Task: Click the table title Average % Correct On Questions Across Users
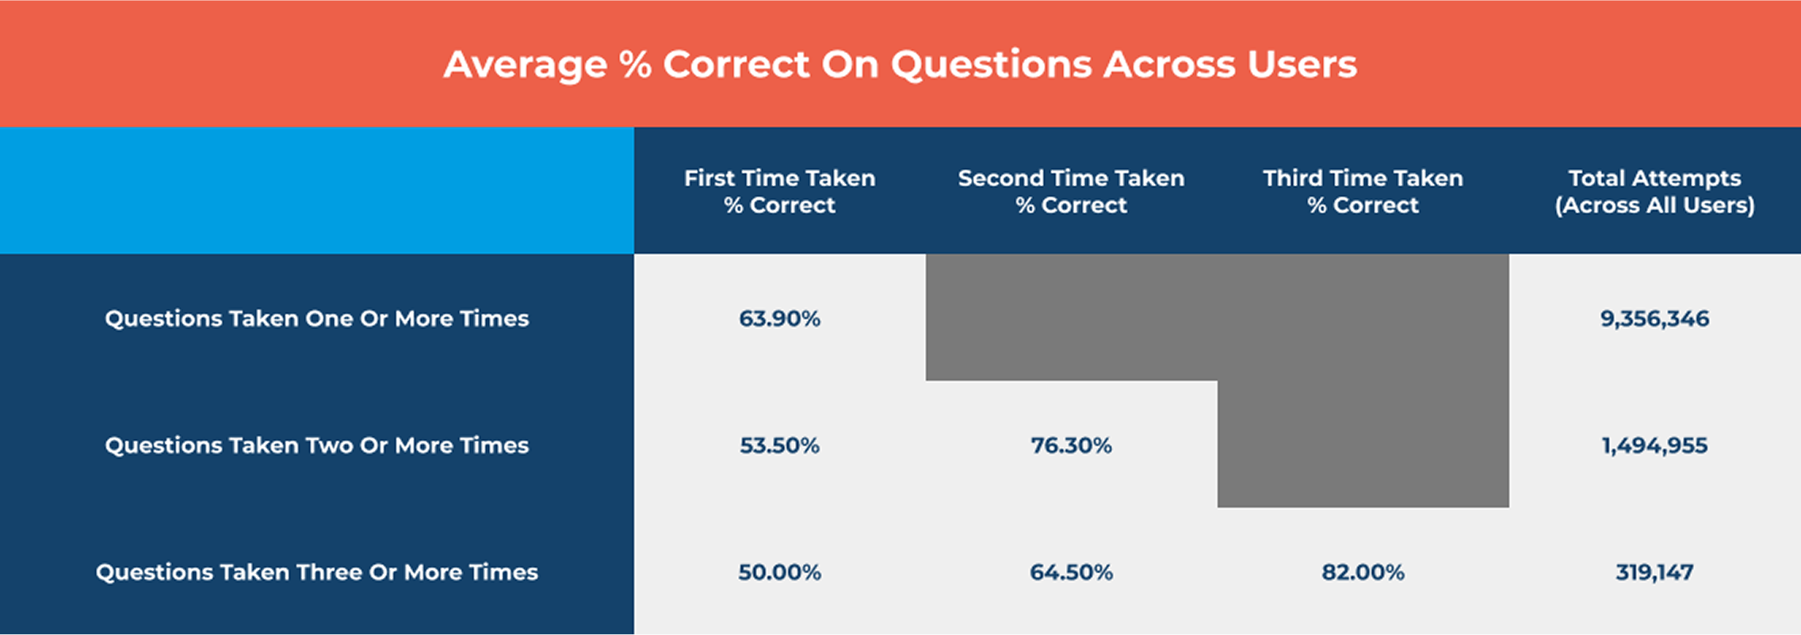pyautogui.click(x=900, y=64)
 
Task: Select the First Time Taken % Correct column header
pyautogui.click(x=780, y=191)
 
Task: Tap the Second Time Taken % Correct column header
pyautogui.click(x=1071, y=191)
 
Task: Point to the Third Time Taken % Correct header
pyautogui.click(x=1363, y=191)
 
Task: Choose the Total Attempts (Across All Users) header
pyautogui.click(x=1654, y=191)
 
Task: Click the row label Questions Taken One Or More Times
pyautogui.click(x=317, y=318)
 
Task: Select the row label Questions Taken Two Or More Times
pyautogui.click(x=317, y=445)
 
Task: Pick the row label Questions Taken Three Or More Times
pyautogui.click(x=317, y=572)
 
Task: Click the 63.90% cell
pyautogui.click(x=780, y=318)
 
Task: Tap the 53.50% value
pyautogui.click(x=780, y=445)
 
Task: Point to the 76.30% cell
pyautogui.click(x=1071, y=445)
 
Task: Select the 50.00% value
pyautogui.click(x=780, y=572)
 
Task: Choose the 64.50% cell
pyautogui.click(x=1071, y=572)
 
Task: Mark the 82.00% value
pyautogui.click(x=1363, y=572)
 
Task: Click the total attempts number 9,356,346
pyautogui.click(x=1654, y=319)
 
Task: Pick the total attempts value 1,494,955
pyautogui.click(x=1654, y=446)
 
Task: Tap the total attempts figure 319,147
pyautogui.click(x=1654, y=572)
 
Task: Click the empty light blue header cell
pyautogui.click(x=317, y=190)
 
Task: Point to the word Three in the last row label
pyautogui.click(x=332, y=572)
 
